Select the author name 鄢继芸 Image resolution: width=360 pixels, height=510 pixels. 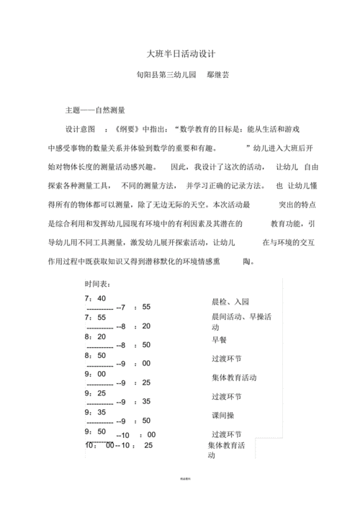click(x=218, y=74)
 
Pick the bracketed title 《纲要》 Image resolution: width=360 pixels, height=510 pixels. click(x=117, y=129)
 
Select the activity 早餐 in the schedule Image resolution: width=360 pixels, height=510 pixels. click(x=219, y=339)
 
